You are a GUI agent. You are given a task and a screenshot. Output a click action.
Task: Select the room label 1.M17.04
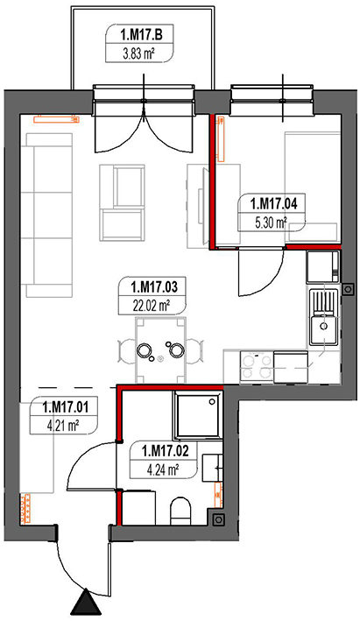[x=272, y=204]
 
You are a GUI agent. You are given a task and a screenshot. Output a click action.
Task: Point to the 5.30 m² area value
[x=272, y=221]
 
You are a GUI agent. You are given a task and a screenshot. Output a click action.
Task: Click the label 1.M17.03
[x=154, y=286]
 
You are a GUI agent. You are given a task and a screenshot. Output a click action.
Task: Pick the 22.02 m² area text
[x=154, y=303]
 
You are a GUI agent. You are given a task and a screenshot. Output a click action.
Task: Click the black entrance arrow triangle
[x=87, y=603]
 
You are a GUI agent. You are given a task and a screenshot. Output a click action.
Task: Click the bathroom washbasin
[x=215, y=473]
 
